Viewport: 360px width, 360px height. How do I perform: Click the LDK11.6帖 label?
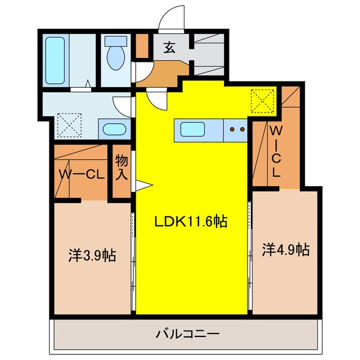tap(191, 222)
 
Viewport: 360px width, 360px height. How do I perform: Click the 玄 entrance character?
tap(169, 47)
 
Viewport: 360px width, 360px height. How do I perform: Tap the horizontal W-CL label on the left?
tap(82, 174)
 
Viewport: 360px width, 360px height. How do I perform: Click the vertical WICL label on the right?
tap(276, 152)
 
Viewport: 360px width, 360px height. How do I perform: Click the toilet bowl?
tap(116, 59)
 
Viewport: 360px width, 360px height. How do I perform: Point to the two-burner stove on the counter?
tap(236, 130)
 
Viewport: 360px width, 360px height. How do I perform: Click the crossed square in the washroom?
tap(70, 125)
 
